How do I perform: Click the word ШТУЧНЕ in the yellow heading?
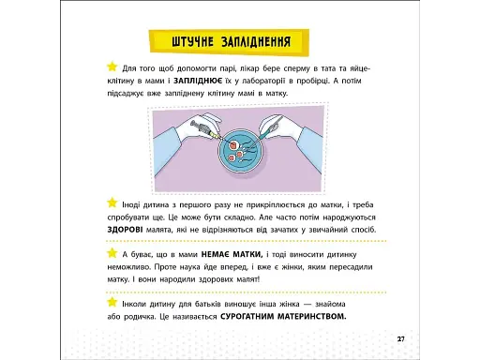click(192, 42)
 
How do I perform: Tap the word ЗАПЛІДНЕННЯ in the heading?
click(256, 42)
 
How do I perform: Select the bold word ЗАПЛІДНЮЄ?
click(198, 81)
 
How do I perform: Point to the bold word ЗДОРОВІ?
click(125, 230)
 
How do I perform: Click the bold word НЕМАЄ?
click(215, 254)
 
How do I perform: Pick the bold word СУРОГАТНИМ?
click(247, 317)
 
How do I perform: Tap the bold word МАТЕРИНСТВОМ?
click(312, 317)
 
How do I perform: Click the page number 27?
click(401, 339)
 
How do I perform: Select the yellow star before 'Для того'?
click(112, 67)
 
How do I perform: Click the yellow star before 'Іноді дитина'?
click(112, 202)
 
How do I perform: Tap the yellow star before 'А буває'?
click(112, 252)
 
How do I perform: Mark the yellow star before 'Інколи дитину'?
click(112, 302)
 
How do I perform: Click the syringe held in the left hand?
click(205, 129)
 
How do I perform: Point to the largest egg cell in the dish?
click(233, 145)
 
